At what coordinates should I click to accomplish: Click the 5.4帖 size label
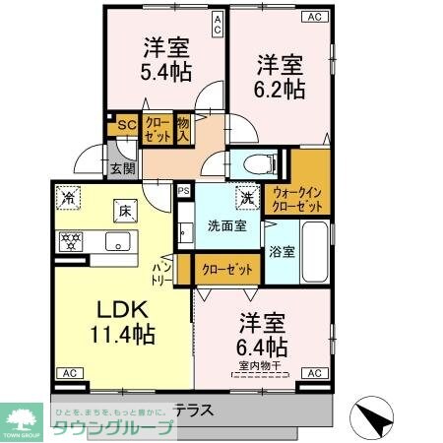(166, 71)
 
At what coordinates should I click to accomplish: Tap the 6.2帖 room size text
(280, 89)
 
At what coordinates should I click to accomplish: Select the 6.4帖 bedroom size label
(262, 347)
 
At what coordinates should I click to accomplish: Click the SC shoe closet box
(125, 125)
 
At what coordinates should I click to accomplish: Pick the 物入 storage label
(184, 130)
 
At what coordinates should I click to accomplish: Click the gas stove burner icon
(71, 239)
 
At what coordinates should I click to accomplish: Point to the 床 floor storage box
(125, 209)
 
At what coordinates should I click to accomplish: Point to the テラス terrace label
(197, 409)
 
